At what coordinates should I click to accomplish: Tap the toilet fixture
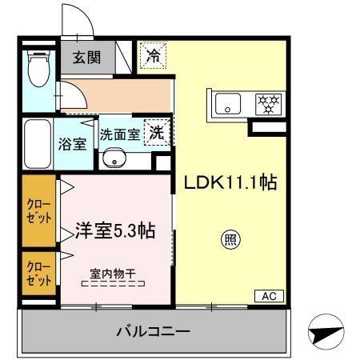point(37,70)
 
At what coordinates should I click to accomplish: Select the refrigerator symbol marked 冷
point(152,56)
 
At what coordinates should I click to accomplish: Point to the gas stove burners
point(268,103)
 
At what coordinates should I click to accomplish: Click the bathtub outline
point(37,145)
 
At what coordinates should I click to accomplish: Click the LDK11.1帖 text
point(231,183)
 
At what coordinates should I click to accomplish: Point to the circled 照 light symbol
point(230,238)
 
